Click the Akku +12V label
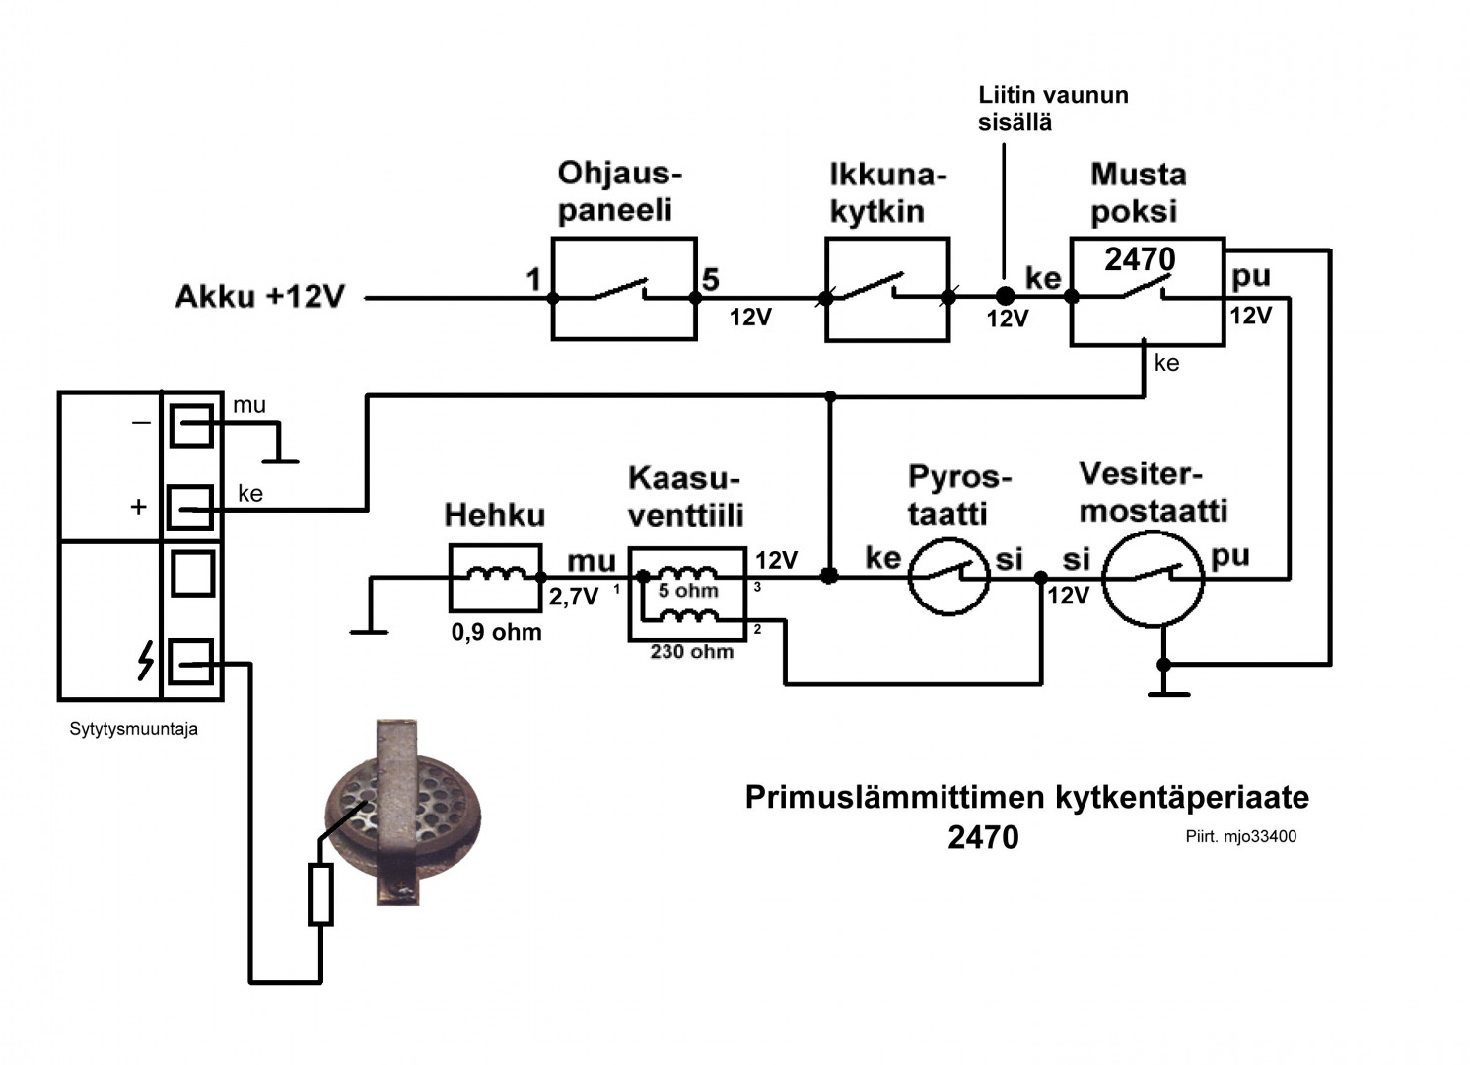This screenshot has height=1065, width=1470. click(x=259, y=296)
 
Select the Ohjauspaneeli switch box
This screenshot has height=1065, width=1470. click(x=624, y=289)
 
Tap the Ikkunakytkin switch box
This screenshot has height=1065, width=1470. click(x=887, y=289)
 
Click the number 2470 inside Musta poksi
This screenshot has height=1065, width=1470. click(x=1140, y=259)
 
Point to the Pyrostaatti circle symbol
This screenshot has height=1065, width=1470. click(x=947, y=577)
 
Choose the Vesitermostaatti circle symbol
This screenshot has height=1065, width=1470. click(x=1153, y=577)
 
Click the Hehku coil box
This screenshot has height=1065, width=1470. click(x=495, y=577)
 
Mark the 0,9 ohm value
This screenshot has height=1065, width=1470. click(x=496, y=632)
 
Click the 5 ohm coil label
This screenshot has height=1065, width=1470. click(x=688, y=591)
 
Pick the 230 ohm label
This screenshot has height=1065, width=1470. click(x=691, y=652)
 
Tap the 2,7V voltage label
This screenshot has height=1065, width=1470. click(x=573, y=597)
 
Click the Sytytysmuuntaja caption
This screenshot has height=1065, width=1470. click(x=133, y=729)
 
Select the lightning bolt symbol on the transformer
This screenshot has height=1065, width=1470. click(x=145, y=661)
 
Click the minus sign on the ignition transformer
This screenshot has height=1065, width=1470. click(x=141, y=423)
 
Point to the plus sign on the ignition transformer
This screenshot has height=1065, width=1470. click(x=138, y=507)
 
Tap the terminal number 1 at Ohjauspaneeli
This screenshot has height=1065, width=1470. click(x=533, y=280)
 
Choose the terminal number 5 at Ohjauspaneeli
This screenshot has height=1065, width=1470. click(x=710, y=280)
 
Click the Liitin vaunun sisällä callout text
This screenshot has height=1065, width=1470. click(x=1052, y=108)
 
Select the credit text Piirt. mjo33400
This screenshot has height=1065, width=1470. click(x=1240, y=836)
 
